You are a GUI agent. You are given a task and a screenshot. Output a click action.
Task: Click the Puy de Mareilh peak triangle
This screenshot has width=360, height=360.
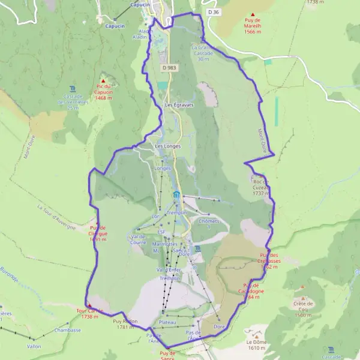(x=253, y=15)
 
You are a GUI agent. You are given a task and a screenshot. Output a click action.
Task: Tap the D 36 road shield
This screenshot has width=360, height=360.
(x=211, y=12)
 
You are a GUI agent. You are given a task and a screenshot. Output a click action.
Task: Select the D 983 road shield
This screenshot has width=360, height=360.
(x=168, y=68)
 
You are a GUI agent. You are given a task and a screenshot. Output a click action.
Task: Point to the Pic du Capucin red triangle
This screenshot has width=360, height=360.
(x=103, y=81)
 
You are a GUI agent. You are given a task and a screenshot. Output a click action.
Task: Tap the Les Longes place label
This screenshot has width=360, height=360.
(x=167, y=146)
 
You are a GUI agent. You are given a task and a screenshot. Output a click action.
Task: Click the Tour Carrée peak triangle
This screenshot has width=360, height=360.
(x=90, y=305)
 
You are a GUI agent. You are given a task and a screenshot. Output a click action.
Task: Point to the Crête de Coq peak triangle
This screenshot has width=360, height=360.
(x=302, y=298)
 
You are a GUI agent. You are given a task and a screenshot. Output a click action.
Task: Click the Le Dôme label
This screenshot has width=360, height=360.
(x=256, y=344)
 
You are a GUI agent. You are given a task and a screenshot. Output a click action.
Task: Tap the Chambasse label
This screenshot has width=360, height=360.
(x=67, y=330)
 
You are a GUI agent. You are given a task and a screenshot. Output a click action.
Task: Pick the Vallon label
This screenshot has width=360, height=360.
(x=34, y=346)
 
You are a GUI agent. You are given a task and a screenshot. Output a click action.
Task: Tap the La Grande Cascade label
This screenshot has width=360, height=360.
(x=203, y=53)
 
